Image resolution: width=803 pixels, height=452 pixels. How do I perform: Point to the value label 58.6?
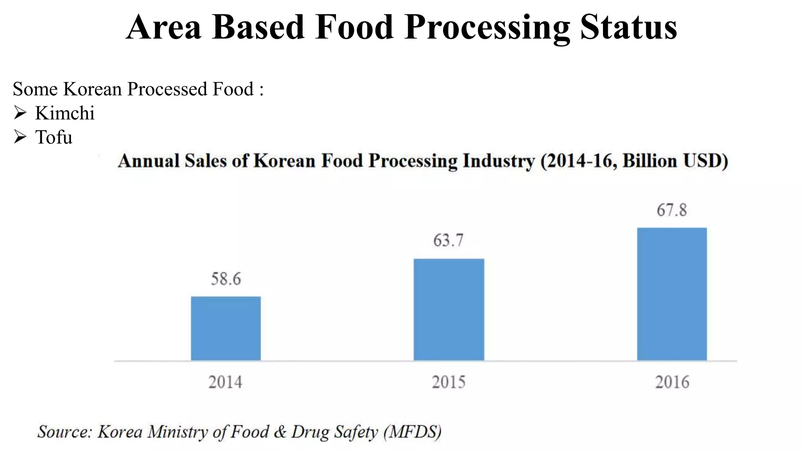pyautogui.click(x=226, y=279)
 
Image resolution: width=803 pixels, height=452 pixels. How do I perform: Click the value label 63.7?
pyautogui.click(x=448, y=240)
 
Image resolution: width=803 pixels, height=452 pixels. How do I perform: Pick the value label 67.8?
pyautogui.click(x=672, y=210)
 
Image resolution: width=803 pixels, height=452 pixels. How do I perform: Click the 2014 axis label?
pyautogui.click(x=225, y=382)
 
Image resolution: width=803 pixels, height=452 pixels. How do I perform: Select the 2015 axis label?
pyautogui.click(x=449, y=382)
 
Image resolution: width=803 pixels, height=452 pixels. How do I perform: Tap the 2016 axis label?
pyautogui.click(x=672, y=382)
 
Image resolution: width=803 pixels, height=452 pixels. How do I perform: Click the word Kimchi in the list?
pyautogui.click(x=65, y=113)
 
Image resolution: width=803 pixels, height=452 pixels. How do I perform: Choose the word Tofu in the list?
pyautogui.click(x=54, y=138)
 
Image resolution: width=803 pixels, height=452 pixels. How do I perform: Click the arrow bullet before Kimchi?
pyautogui.click(x=20, y=113)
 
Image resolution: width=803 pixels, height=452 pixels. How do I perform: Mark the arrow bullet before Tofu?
pyautogui.click(x=20, y=137)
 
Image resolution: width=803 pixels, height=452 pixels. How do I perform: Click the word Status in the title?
pyautogui.click(x=629, y=27)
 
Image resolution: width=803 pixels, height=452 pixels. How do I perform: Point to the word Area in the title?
pyautogui.click(x=164, y=27)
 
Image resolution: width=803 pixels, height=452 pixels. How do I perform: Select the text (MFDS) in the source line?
pyautogui.click(x=412, y=432)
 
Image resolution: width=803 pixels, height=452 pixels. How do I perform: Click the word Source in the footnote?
pyautogui.click(x=64, y=432)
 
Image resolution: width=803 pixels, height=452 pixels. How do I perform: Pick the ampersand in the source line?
pyautogui.click(x=280, y=432)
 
